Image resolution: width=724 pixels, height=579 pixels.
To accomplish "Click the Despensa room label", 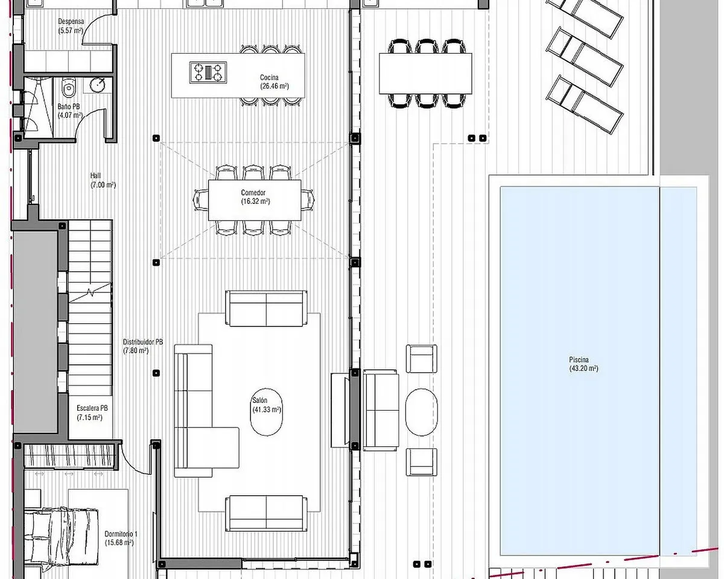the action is pyautogui.click(x=71, y=26).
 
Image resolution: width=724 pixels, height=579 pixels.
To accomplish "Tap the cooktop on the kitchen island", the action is pyautogui.click(x=208, y=72).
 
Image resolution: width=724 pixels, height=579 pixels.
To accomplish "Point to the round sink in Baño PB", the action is pyautogui.click(x=98, y=85).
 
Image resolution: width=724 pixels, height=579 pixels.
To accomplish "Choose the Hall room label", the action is pyautogui.click(x=103, y=180).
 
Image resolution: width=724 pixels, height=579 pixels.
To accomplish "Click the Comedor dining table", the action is pyautogui.click(x=255, y=200).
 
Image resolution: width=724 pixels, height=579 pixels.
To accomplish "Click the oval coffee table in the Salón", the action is pyautogui.click(x=267, y=412).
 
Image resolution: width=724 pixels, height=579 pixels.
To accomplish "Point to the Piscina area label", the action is pyautogui.click(x=583, y=364).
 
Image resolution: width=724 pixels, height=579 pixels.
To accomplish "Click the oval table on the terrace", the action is pyautogui.click(x=422, y=412).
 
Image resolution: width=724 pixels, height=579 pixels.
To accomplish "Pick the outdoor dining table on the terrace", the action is pyautogui.click(x=425, y=74).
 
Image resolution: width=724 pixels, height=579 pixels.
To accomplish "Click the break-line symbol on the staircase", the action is pyautogui.click(x=91, y=293).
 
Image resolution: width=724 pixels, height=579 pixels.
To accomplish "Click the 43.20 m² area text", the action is pyautogui.click(x=583, y=369).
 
